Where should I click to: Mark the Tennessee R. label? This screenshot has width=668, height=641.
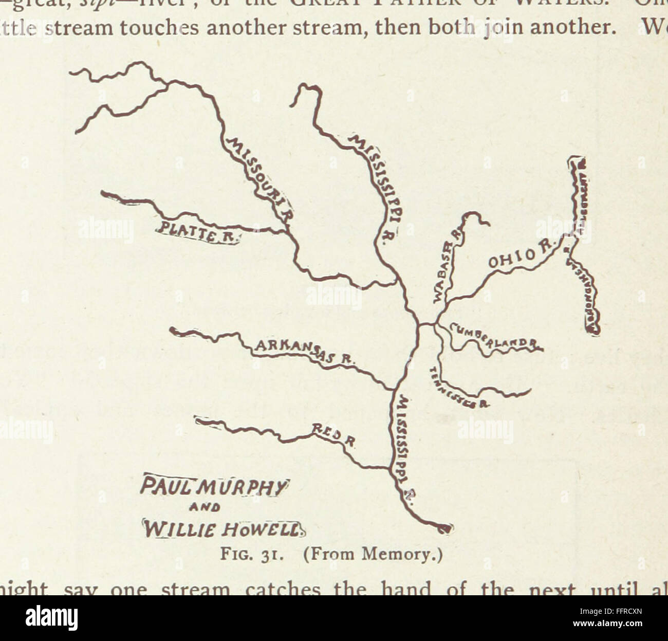pos(457,389)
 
